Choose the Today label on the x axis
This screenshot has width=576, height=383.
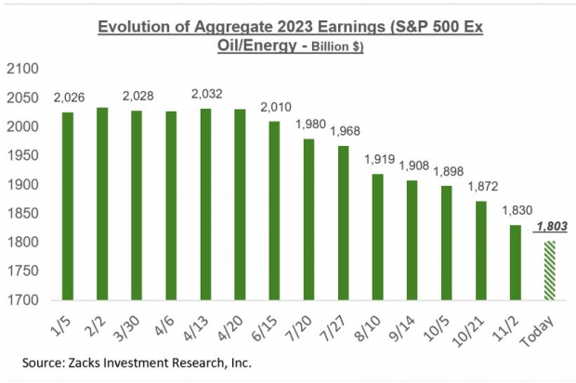(548, 324)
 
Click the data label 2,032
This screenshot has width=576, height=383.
(206, 93)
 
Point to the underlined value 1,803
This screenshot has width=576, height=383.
(551, 227)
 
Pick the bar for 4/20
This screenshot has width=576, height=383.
(241, 205)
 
